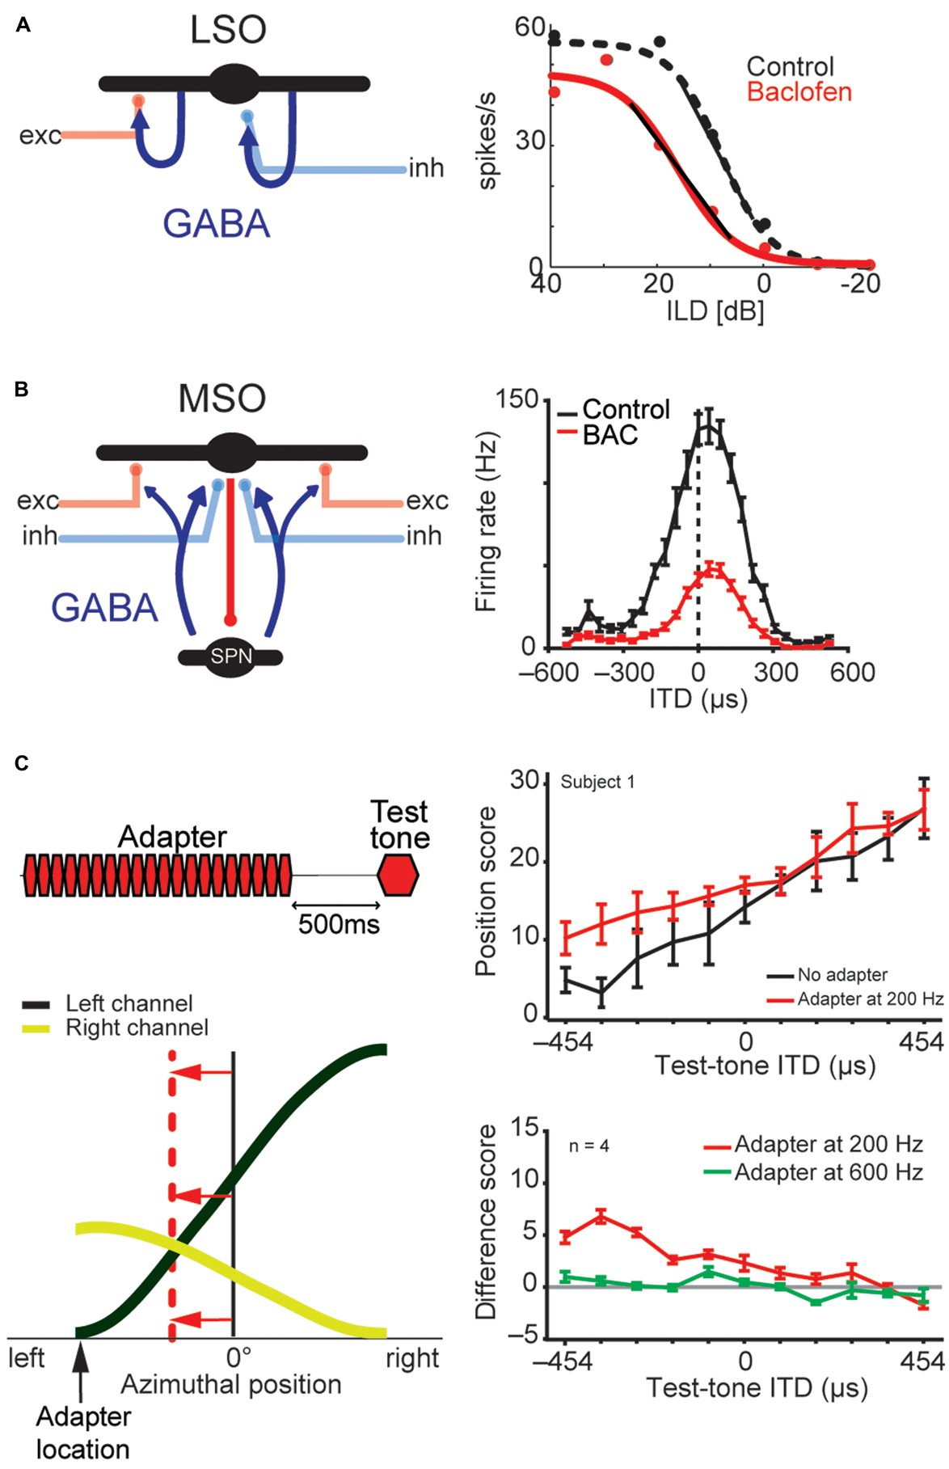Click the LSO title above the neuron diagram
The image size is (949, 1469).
[228, 30]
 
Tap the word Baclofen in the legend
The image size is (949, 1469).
[799, 92]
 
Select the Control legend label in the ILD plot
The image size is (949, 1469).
[790, 66]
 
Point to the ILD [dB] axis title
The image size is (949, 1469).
[715, 310]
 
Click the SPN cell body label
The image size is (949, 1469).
[231, 656]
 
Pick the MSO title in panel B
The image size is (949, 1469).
[222, 399]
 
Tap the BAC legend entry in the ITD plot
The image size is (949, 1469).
[610, 435]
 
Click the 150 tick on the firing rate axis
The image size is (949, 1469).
[517, 399]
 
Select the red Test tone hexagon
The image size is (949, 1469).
[399, 876]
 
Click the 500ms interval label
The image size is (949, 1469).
[339, 923]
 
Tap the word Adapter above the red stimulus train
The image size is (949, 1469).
[172, 837]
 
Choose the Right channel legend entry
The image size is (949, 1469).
[137, 1028]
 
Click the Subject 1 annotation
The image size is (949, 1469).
[597, 782]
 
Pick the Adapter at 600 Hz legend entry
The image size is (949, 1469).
[828, 1172]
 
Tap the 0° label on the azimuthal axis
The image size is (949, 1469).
[238, 1357]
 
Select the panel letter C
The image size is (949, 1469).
[23, 763]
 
